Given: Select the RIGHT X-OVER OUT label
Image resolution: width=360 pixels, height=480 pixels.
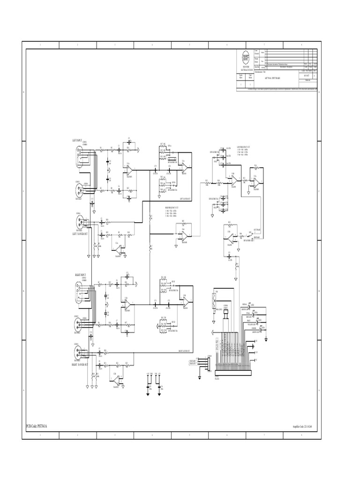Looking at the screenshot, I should coord(81,364).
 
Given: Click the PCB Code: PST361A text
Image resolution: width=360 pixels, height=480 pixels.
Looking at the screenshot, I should coord(37,426).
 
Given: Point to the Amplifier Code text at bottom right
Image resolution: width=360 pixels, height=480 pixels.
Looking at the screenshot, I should coord(302,427).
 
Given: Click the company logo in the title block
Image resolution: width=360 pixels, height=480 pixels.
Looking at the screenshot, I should coord(246,57).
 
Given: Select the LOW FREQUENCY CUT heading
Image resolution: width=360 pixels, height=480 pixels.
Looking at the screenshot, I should coord(244,147).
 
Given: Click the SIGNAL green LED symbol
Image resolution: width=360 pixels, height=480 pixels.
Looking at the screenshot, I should coord(248,306).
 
